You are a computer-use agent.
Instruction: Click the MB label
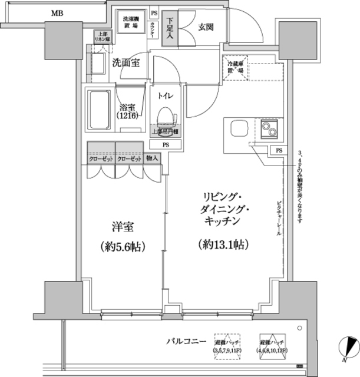[57, 13]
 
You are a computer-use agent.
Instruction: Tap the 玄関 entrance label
[206, 27]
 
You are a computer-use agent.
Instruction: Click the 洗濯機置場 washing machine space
[130, 24]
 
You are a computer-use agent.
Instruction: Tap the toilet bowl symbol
[166, 117]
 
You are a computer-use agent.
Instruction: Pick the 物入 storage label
[152, 159]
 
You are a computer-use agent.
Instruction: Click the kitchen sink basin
[239, 128]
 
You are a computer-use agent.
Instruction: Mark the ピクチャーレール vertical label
[279, 218]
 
